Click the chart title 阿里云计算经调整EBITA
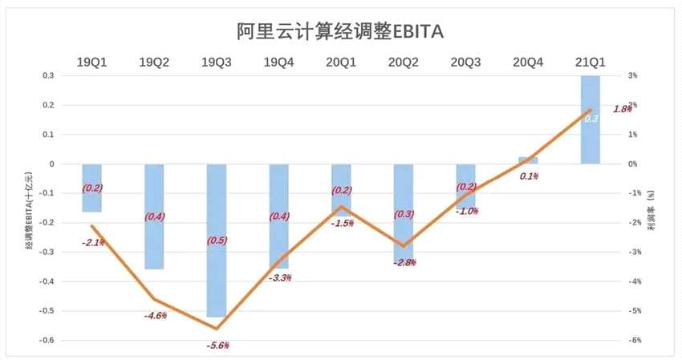[341, 30]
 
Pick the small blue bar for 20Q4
[527, 160]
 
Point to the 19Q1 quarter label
[91, 62]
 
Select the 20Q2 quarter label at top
[403, 62]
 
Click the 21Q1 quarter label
[590, 62]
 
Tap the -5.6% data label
[217, 345]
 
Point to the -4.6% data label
[155, 315]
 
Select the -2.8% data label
[404, 262]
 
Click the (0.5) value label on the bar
[217, 240]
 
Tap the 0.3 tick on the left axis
[48, 75]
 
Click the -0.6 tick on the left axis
[47, 340]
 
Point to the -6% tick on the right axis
[632, 340]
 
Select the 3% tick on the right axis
[632, 75]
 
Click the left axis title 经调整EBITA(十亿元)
[30, 207]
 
